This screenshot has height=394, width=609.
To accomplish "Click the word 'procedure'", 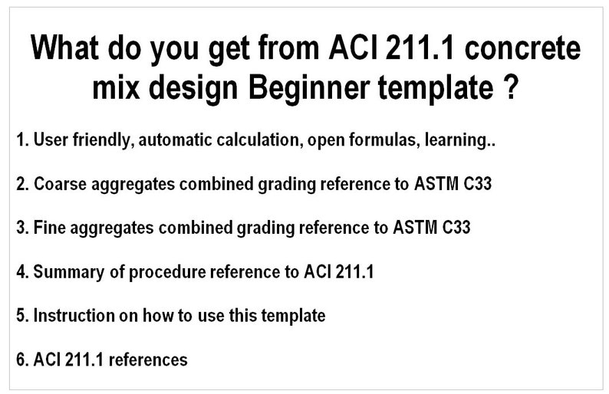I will click(x=156, y=271).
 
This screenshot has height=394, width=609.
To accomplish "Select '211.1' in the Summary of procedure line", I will click(x=354, y=271).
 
